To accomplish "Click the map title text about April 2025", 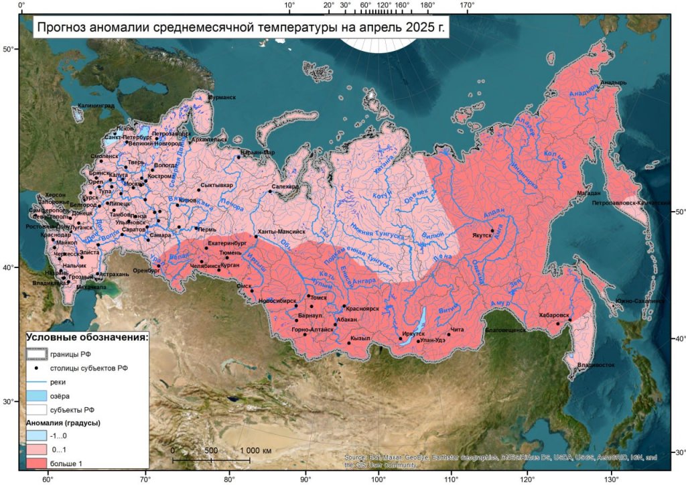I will tap(240, 28).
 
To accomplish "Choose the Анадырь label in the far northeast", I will tap(613, 83).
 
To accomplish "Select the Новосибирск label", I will tap(277, 301).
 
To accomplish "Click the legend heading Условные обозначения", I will tap(87, 336).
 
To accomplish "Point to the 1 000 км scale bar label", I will tap(255, 451).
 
